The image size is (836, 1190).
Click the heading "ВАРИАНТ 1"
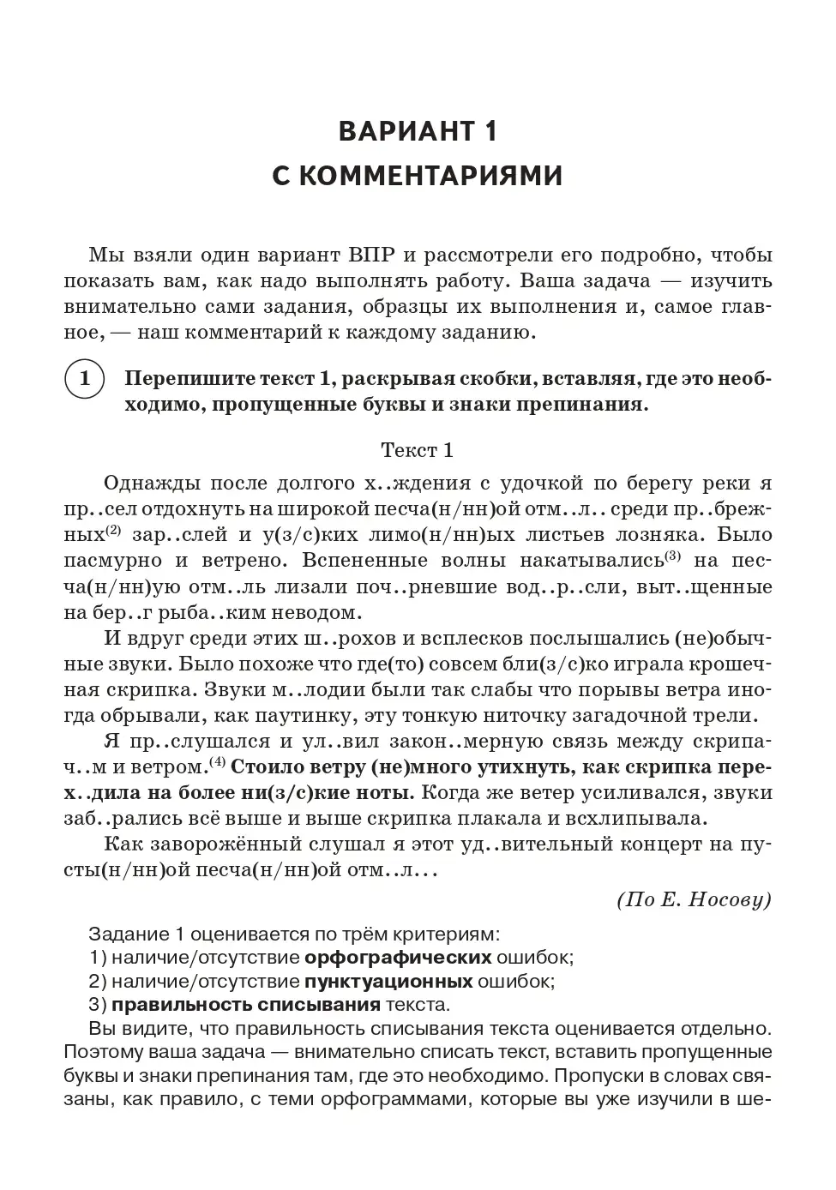418,131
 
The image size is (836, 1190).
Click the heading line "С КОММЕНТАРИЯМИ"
418,176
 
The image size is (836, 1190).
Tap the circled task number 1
84,379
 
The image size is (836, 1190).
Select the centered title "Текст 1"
418,450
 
